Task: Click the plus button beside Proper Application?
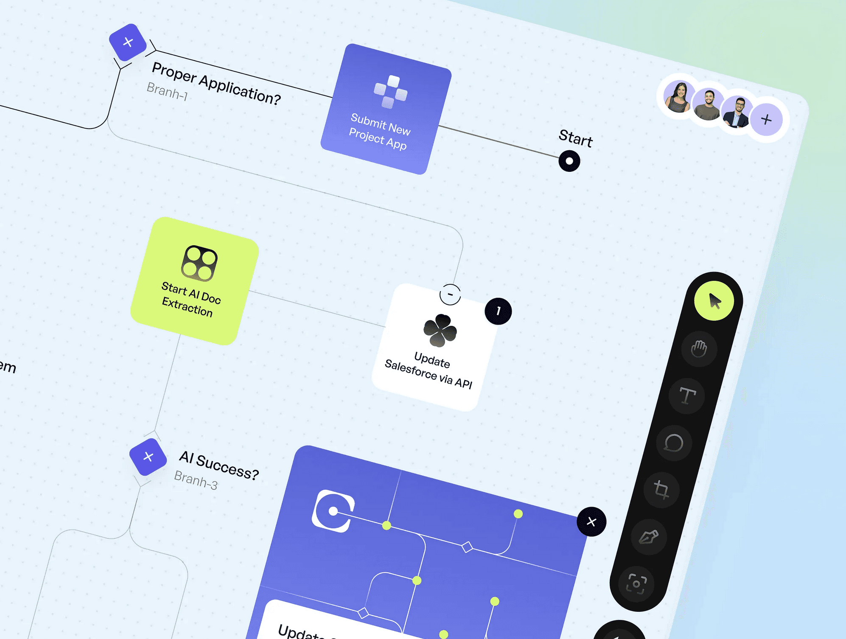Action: coord(128,42)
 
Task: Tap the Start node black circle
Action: coord(569,161)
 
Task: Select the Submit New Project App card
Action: coord(386,109)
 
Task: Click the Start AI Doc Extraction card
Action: coord(195,281)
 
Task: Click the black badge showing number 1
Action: coord(498,311)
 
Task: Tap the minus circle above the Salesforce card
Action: coord(450,294)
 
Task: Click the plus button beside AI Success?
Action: coord(148,457)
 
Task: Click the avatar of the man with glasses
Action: coord(737,112)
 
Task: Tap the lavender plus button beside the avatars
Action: coord(766,120)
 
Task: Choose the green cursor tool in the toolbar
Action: coord(714,301)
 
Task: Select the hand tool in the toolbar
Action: coord(699,349)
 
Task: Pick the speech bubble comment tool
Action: coord(674,443)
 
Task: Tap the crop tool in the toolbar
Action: coord(661,490)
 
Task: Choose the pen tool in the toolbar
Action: coord(649,537)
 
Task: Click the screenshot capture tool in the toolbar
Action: coord(636,584)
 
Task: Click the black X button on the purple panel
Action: coord(591,521)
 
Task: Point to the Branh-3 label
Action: coord(196,480)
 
